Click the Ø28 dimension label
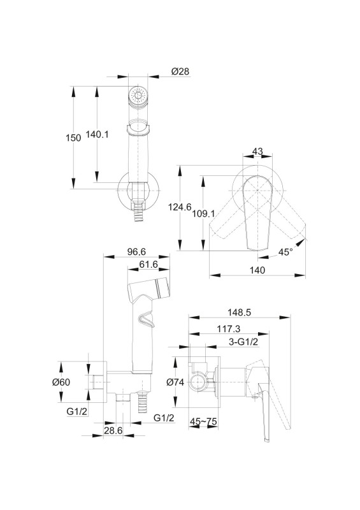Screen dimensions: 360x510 pyautogui.click(x=180, y=71)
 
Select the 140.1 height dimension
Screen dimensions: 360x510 pyautogui.click(x=97, y=134)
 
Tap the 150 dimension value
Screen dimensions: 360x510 pyautogui.click(x=73, y=138)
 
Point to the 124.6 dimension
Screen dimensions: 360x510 pyautogui.click(x=180, y=207)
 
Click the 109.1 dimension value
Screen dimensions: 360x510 pyautogui.click(x=204, y=214)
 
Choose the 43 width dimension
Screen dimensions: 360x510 pyautogui.click(x=257, y=151)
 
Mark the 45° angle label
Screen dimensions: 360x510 pyautogui.click(x=285, y=251)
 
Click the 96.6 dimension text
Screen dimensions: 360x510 pyautogui.click(x=136, y=251)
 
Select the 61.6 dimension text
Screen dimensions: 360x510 pyautogui.click(x=148, y=265)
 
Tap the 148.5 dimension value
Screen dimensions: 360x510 pyautogui.click(x=240, y=312)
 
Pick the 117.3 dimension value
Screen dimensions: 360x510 pyautogui.click(x=229, y=329)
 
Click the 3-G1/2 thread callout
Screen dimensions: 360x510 pyautogui.click(x=243, y=342)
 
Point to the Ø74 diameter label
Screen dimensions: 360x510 pyautogui.click(x=175, y=382)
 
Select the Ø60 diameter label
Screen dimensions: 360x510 pyautogui.click(x=61, y=382)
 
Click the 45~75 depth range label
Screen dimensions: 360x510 pyautogui.click(x=204, y=421)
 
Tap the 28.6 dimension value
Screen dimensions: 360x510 pyautogui.click(x=113, y=430)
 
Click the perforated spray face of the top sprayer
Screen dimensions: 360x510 pyautogui.click(x=138, y=96)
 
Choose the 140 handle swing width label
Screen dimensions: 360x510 pyautogui.click(x=257, y=270)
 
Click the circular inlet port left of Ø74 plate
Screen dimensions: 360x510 pyautogui.click(x=198, y=382)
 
